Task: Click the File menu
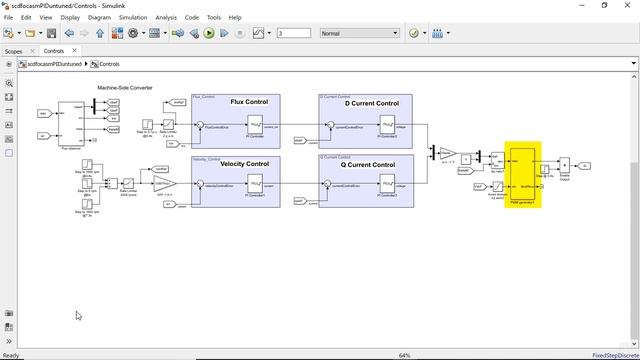pyautogui.click(x=9, y=17)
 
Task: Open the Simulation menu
pyautogui.click(x=132, y=17)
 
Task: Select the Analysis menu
pyautogui.click(x=166, y=17)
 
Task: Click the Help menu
pyautogui.click(x=235, y=17)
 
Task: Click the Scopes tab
pyautogui.click(x=13, y=50)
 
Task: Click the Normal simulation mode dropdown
pyautogui.click(x=359, y=33)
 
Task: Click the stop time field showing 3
pyautogui.click(x=293, y=33)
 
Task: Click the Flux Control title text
pyautogui.click(x=249, y=102)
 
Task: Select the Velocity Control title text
pyautogui.click(x=243, y=164)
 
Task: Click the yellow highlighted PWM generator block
pyautogui.click(x=523, y=172)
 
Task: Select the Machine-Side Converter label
pyautogui.click(x=125, y=88)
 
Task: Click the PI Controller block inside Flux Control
pyautogui.click(x=255, y=125)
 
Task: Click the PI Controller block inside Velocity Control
pyautogui.click(x=255, y=185)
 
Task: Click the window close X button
pyautogui.click(x=627, y=5)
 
